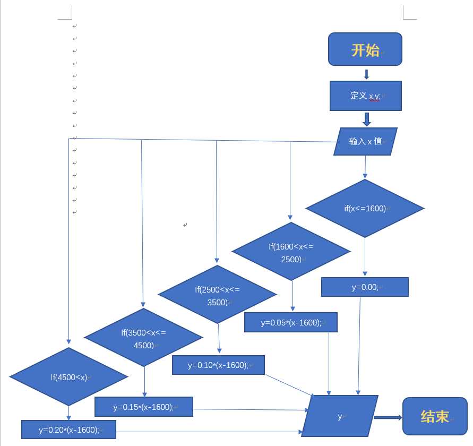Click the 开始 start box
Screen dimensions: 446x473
click(365, 49)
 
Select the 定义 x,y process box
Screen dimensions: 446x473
click(365, 96)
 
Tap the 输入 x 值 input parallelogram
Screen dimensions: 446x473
click(365, 141)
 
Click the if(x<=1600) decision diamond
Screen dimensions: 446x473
click(365, 208)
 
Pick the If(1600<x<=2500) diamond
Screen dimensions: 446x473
click(291, 252)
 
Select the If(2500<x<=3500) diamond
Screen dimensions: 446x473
click(217, 295)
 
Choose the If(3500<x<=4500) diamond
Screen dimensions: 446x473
click(143, 338)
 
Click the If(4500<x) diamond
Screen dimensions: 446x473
click(68, 377)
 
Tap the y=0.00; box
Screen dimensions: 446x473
click(365, 287)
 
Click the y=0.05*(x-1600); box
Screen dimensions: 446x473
click(291, 322)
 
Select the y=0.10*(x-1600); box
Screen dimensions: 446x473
click(218, 365)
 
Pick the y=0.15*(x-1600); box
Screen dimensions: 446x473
click(143, 407)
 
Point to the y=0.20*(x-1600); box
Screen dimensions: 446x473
click(68, 430)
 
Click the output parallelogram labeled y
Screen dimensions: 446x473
click(340, 416)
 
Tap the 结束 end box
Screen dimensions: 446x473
click(435, 416)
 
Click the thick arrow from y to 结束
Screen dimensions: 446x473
click(388, 417)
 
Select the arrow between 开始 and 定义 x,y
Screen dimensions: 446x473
click(366, 74)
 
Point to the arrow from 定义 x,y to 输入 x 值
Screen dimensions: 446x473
click(366, 119)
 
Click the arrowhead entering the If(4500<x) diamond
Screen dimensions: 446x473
click(68, 343)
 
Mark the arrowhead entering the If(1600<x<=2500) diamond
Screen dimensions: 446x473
click(290, 217)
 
